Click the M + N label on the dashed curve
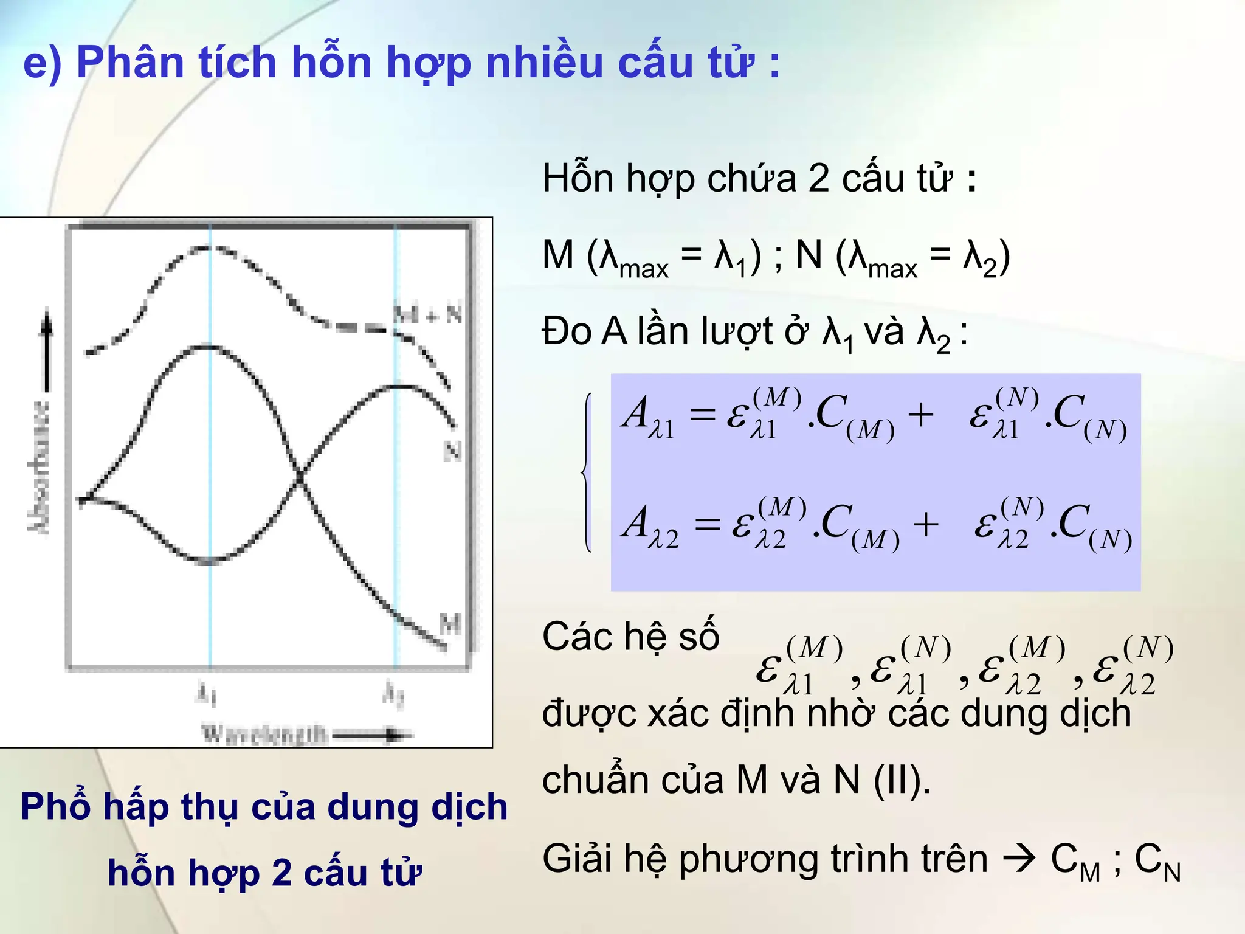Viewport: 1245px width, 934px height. pyautogui.click(x=428, y=314)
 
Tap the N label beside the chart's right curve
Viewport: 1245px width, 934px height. pyautogui.click(x=452, y=451)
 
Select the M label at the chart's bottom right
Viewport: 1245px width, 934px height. pyautogui.click(x=450, y=623)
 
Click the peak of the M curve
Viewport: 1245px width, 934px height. pyautogui.click(x=209, y=347)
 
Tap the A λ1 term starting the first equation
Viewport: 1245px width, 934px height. pyautogui.click(x=648, y=417)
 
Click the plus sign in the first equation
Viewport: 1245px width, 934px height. pyautogui.click(x=920, y=415)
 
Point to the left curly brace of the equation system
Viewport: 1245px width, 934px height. pyautogui.click(x=586, y=472)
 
